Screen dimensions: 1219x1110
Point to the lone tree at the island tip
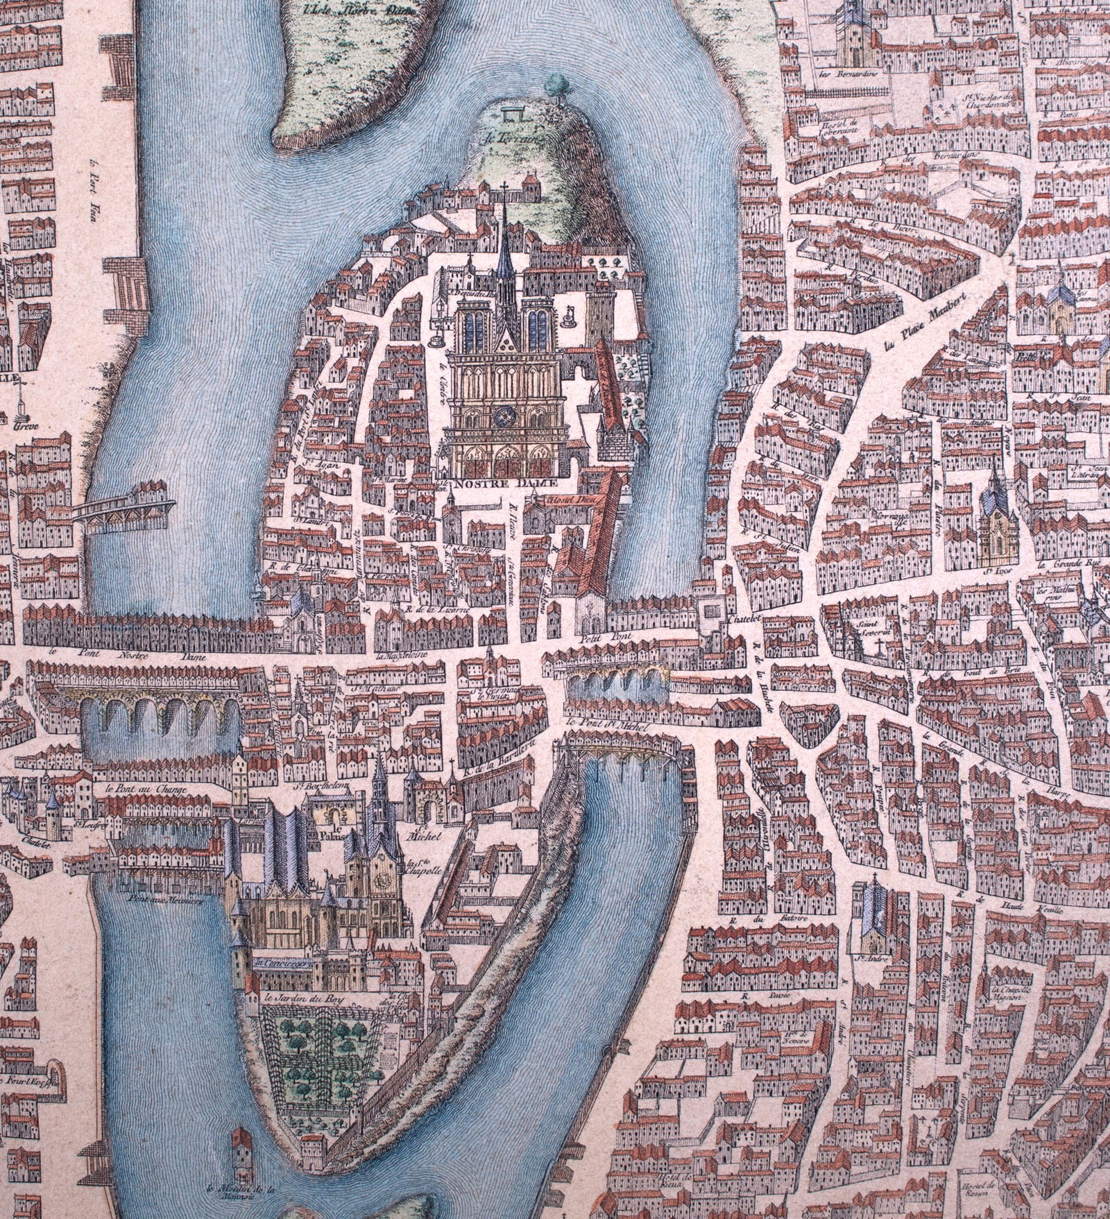click(554, 85)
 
